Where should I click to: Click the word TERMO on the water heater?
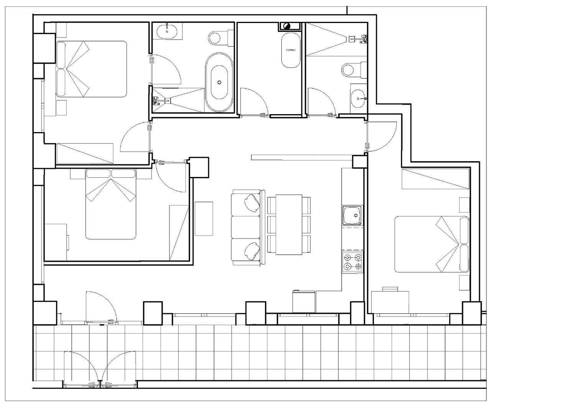tap(291, 50)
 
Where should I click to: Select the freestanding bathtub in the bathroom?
tap(219, 82)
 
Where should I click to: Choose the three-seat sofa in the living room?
tap(248, 228)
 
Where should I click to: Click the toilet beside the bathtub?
tap(221, 38)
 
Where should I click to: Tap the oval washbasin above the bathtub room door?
tap(167, 31)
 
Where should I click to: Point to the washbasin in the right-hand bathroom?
tap(358, 98)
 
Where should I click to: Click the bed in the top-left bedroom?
tap(91, 69)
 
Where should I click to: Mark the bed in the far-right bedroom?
tap(432, 244)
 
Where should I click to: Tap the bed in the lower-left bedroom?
tap(111, 204)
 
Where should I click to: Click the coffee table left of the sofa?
tap(204, 219)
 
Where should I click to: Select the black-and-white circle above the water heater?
tap(287, 26)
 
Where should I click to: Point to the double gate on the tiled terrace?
tap(100, 369)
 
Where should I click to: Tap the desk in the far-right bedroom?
tap(390, 302)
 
